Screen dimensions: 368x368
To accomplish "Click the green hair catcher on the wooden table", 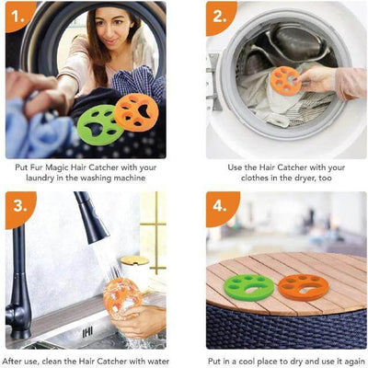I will tap(248, 287).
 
